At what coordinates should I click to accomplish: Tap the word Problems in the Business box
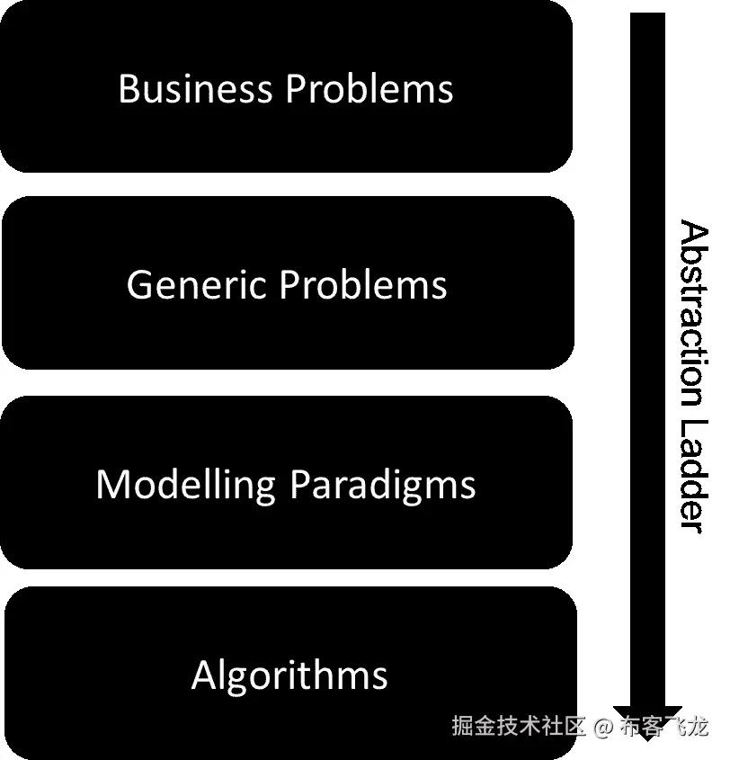point(369,89)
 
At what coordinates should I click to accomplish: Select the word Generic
point(197,285)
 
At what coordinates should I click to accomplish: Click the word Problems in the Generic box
point(362,285)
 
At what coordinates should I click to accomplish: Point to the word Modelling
point(185,485)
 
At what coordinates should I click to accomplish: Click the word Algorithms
point(289,675)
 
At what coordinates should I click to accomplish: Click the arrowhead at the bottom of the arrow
point(647,720)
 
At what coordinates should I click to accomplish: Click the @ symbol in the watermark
point(603,726)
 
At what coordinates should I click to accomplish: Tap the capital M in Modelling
point(111,485)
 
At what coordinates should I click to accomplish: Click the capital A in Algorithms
point(204,675)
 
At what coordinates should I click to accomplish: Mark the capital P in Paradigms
point(298,485)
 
